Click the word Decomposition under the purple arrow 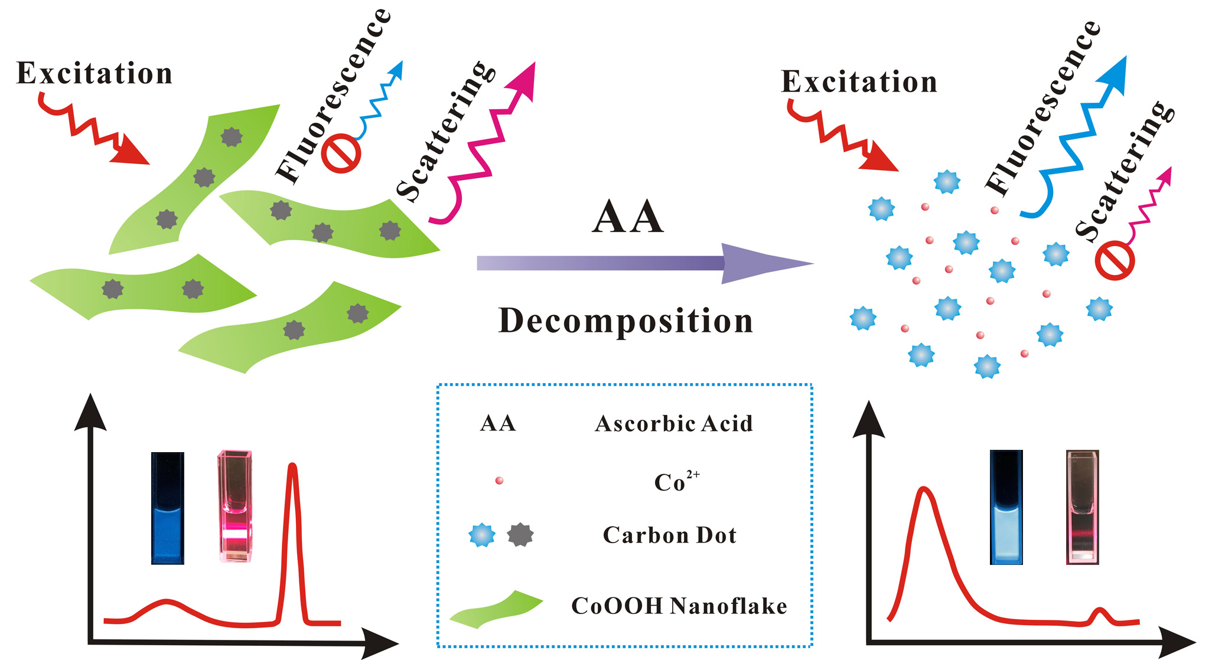coord(625,321)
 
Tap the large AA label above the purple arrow coord(627,217)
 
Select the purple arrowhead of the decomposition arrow coord(762,263)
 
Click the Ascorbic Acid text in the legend coord(674,424)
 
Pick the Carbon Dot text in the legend coord(670,535)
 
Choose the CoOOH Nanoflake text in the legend coord(679,606)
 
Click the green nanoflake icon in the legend coord(496,609)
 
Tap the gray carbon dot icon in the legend coord(520,534)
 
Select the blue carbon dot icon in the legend coord(482,535)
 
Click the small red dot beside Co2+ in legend coord(499,481)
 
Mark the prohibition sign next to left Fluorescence coord(341,155)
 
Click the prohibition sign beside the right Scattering coord(1115,261)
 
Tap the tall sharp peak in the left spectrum coord(292,472)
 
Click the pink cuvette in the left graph coord(235,507)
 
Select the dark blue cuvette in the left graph coord(168,508)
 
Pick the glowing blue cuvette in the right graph coord(1006,508)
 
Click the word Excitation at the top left coord(94,74)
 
